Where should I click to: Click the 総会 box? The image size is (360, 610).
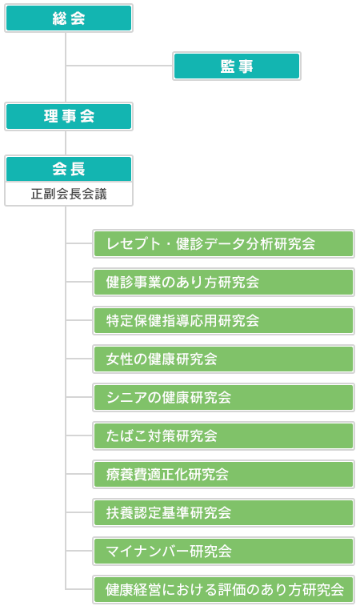click(69, 18)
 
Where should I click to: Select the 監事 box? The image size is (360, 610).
click(237, 66)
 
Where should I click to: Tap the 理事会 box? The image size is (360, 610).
click(69, 116)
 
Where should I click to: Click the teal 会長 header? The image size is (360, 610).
click(69, 169)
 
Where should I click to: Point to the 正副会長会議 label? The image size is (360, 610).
click(69, 194)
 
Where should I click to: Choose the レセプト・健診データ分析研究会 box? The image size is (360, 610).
click(223, 244)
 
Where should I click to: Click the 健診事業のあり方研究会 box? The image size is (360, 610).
click(223, 282)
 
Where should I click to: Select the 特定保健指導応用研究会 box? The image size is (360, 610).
click(223, 320)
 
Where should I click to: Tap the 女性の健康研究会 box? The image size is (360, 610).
click(223, 359)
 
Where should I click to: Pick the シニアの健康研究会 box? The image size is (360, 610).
click(223, 397)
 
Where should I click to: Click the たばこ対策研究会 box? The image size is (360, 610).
click(223, 435)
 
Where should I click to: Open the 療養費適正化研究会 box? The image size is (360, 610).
click(223, 474)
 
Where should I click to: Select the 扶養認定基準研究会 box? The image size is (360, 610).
click(223, 512)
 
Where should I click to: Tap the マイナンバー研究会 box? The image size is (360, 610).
click(223, 551)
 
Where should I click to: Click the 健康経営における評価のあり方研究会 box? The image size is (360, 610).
click(223, 589)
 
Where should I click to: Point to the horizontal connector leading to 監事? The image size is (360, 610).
click(119, 66)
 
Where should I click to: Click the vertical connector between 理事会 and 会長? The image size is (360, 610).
click(66, 142)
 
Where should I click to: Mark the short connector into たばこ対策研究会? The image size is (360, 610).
click(79, 435)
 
